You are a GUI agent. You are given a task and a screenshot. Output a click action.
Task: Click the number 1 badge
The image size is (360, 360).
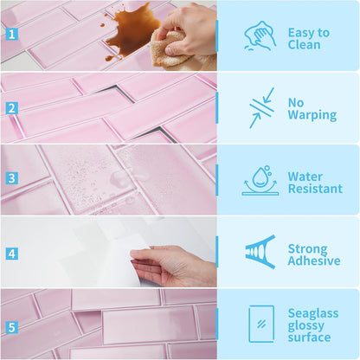point(12,35)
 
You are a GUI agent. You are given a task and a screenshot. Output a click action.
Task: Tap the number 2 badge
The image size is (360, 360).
point(12,108)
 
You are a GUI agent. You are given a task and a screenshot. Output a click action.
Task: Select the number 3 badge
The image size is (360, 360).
point(12,178)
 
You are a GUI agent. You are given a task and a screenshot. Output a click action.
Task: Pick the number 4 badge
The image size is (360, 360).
point(12,254)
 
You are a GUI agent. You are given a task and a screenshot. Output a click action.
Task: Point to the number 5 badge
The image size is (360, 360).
point(12,327)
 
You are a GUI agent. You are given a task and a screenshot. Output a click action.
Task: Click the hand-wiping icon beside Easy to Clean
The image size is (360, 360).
point(260,36)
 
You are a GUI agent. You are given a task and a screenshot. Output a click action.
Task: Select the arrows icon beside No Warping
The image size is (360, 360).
point(261,108)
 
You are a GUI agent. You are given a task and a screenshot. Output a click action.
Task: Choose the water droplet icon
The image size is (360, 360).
point(260,181)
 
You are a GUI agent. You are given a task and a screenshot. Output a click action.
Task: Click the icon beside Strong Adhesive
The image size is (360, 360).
point(260,252)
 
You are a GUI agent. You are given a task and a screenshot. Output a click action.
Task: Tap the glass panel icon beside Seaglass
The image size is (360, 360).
point(261,324)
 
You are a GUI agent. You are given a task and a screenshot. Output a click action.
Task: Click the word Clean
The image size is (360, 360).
point(304,45)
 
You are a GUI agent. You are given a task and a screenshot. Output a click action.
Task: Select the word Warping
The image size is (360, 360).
point(312,115)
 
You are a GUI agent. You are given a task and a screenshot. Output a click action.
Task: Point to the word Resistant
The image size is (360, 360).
point(315,189)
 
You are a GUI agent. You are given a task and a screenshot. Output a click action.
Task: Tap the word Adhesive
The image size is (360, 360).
point(314,260)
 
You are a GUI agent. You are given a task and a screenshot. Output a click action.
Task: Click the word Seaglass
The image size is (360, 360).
point(313,313)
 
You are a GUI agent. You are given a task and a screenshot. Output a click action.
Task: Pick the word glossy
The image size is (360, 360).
point(305,326)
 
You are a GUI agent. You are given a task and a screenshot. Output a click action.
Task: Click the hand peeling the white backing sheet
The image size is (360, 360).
point(173,266)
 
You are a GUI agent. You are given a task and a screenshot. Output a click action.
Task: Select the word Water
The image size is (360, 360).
point(305,177)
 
